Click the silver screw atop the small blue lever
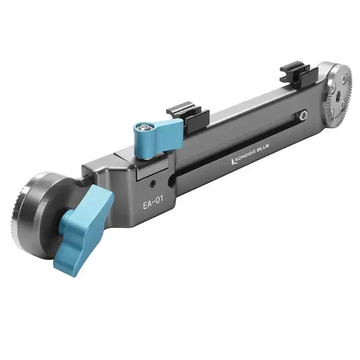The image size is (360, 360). coord(143,127)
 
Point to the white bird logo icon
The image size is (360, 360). coord(233,163)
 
